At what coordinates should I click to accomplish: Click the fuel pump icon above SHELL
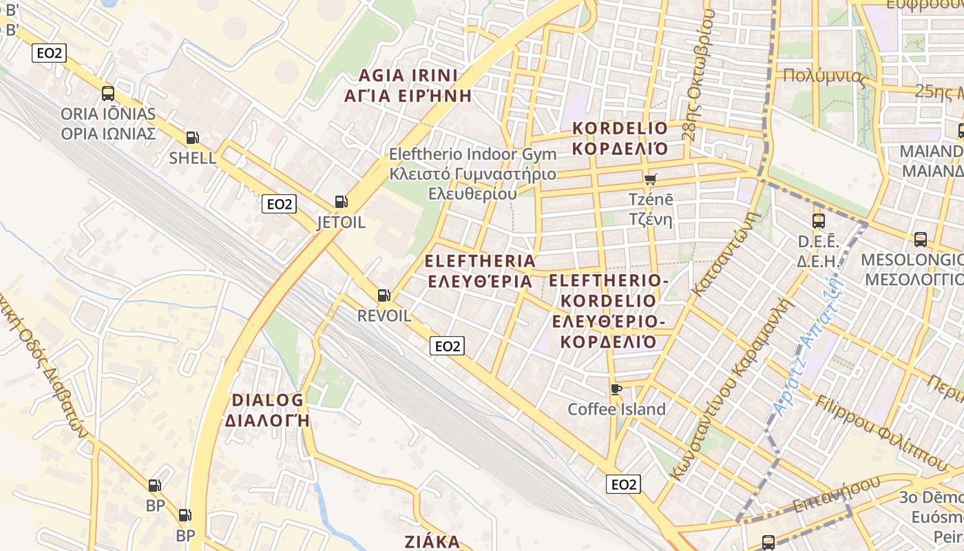193,138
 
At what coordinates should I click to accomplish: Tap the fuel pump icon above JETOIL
341,202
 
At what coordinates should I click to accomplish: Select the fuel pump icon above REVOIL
384,295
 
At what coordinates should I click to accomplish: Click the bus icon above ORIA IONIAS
108,94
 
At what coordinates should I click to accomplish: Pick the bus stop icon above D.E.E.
819,221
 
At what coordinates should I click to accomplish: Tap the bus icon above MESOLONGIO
921,240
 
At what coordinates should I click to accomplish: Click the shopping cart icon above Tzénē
650,180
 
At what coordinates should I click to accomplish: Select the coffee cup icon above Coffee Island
616,389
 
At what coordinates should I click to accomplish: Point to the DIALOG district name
267,410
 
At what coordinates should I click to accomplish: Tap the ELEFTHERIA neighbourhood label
480,271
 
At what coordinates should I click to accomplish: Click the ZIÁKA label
432,541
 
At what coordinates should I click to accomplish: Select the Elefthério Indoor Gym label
472,174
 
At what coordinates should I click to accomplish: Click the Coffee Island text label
616,409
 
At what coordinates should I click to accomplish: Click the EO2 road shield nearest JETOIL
280,204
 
